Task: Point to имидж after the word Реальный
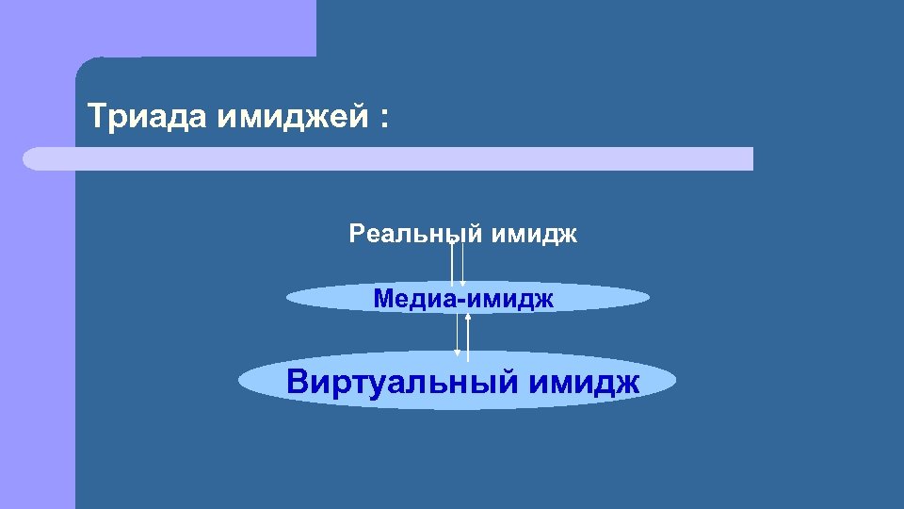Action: (534, 233)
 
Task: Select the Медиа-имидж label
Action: (463, 299)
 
